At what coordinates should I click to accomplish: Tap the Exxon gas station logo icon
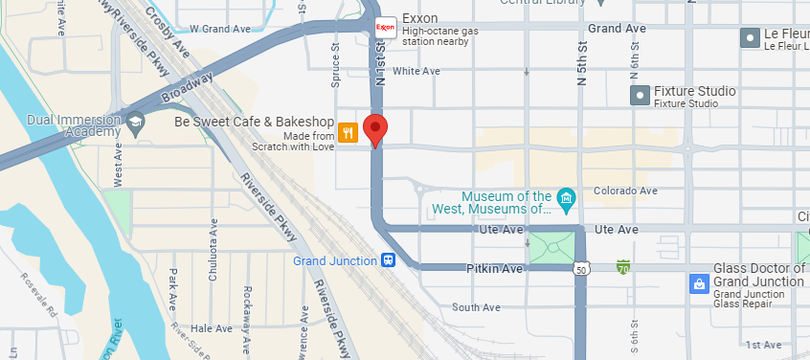coord(386,27)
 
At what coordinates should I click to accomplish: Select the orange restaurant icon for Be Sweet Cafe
coord(348,133)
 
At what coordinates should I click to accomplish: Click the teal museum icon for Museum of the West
coord(566,200)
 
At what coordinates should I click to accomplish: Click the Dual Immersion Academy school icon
coord(136,122)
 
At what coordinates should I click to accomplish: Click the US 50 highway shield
coord(582,270)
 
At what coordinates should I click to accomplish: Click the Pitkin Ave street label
coord(495,269)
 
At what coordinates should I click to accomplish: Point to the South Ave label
coord(477,307)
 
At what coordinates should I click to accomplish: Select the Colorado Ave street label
coord(625,191)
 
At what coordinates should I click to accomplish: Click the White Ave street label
coord(416,71)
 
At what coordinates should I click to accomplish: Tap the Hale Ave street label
coord(212,328)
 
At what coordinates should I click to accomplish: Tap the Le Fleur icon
coord(750,38)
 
